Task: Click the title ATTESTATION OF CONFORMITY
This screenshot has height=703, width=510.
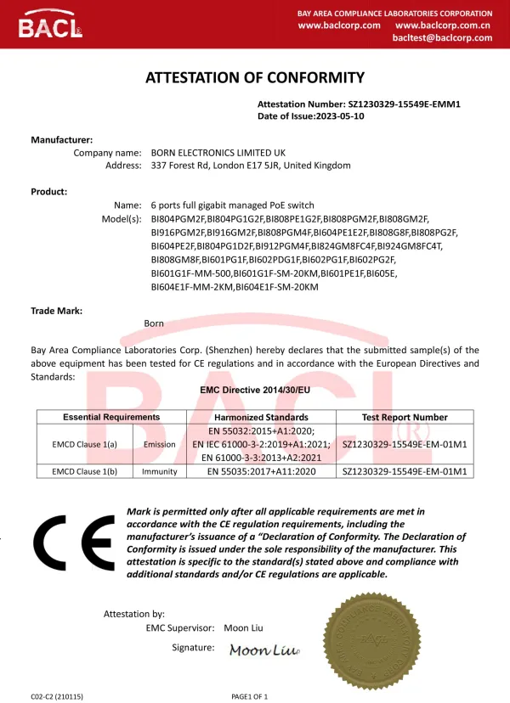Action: pos(255,78)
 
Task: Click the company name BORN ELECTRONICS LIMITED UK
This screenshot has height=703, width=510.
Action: pos(224,153)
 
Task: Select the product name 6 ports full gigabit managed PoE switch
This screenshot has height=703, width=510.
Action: pos(232,205)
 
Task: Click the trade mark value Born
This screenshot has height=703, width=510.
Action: pos(154,323)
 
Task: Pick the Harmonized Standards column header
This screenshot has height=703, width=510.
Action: pos(261,418)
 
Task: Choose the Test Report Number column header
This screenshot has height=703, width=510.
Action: pos(405,418)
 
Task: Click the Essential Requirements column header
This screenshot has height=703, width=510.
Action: pos(110,418)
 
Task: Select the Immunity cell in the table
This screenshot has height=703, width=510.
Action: pos(160,472)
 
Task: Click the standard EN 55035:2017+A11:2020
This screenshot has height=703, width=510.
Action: pos(261,472)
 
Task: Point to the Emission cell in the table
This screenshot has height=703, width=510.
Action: pos(160,444)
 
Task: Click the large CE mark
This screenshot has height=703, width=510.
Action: pos(74,544)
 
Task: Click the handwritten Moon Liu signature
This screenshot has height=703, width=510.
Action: pos(264,650)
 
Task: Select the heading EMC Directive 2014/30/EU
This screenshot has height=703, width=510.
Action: pos(255,391)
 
